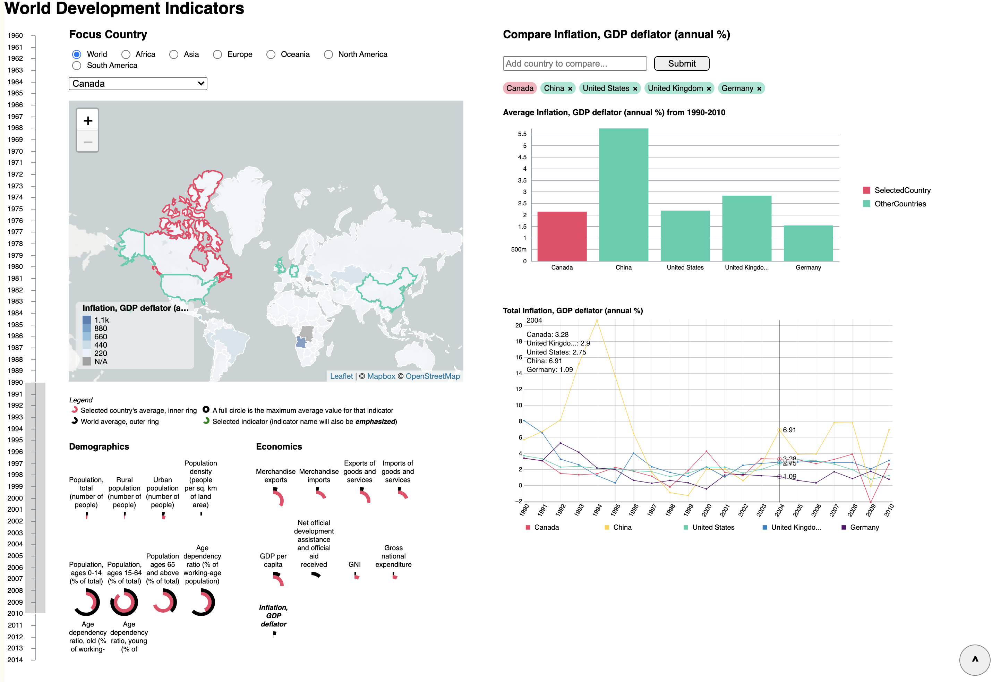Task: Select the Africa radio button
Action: tap(126, 54)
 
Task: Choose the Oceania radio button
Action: tap(271, 54)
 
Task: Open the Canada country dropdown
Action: tap(138, 84)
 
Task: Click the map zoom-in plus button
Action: tap(87, 121)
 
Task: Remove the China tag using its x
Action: tap(570, 89)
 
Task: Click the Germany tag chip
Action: tap(737, 88)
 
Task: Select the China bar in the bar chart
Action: tap(623, 194)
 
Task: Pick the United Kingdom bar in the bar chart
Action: tap(746, 228)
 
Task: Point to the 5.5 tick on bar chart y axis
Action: tap(522, 134)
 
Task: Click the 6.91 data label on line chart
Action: tap(789, 430)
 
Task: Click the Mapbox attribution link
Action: tap(381, 376)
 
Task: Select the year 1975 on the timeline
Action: tap(16, 209)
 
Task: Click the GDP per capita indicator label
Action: tap(273, 560)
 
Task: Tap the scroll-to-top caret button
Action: tap(974, 659)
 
